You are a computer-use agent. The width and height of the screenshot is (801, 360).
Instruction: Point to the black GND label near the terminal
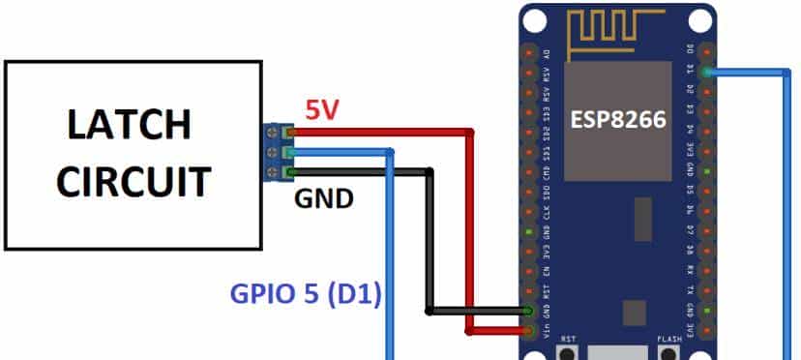pyautogui.click(x=324, y=199)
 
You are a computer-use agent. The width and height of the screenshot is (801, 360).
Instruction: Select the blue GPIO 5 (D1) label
pyautogui.click(x=305, y=291)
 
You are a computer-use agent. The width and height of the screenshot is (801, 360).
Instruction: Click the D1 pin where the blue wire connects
pyautogui.click(x=708, y=71)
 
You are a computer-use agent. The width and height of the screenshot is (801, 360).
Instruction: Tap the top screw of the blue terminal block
pyautogui.click(x=287, y=133)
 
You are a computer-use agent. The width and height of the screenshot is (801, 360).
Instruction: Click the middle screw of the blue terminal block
pyautogui.click(x=287, y=153)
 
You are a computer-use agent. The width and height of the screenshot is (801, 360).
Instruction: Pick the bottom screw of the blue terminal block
pyautogui.click(x=287, y=173)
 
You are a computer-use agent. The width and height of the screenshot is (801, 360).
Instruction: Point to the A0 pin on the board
pyautogui.click(x=529, y=50)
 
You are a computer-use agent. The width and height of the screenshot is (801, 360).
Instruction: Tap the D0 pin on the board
pyautogui.click(x=708, y=50)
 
